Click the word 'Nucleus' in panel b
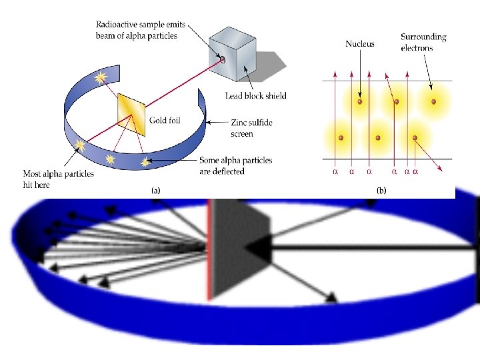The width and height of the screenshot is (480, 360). [x=360, y=44]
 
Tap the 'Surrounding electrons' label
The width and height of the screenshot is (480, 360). [x=424, y=42]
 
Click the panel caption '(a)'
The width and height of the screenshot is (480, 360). [x=155, y=190]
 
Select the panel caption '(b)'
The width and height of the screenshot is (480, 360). [x=381, y=190]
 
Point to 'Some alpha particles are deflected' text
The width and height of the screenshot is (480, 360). [x=236, y=165]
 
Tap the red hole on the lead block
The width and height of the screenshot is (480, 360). [x=223, y=61]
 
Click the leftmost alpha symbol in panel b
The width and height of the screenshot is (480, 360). [x=335, y=171]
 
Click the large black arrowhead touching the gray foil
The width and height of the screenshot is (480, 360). [x=263, y=247]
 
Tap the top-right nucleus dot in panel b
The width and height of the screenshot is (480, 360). [x=433, y=102]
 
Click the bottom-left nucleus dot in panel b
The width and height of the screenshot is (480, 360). [x=341, y=138]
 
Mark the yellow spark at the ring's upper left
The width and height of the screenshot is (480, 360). [x=101, y=78]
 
